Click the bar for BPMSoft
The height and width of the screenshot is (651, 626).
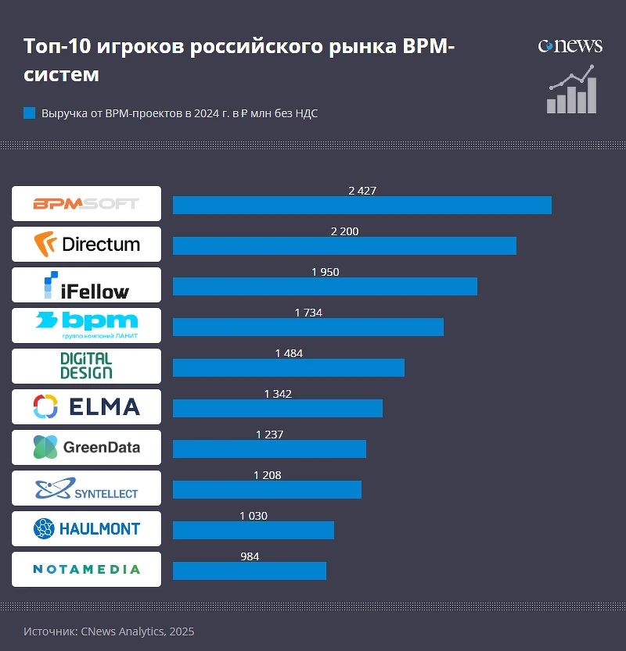click(362, 205)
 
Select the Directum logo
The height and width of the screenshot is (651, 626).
click(86, 244)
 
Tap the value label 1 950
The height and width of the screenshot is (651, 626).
click(325, 272)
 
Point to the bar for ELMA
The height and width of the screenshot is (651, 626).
click(277, 408)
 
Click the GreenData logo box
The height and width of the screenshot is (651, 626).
click(86, 447)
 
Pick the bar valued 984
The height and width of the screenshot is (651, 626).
click(249, 571)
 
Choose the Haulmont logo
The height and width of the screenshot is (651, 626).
click(86, 528)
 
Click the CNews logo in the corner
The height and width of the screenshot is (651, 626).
click(570, 46)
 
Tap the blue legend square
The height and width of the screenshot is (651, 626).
click(30, 113)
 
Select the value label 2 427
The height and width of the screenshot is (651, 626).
click(362, 191)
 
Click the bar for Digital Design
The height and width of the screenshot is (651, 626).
click(288, 367)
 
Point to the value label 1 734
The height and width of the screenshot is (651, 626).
click(308, 313)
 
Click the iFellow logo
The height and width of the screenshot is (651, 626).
click(86, 284)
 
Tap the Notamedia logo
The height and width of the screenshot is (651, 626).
click(86, 569)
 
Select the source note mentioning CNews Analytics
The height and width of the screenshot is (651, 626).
click(109, 631)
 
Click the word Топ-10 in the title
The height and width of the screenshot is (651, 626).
click(57, 47)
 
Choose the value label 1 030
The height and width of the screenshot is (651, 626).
click(253, 516)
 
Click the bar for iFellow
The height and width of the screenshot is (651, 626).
click(325, 286)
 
